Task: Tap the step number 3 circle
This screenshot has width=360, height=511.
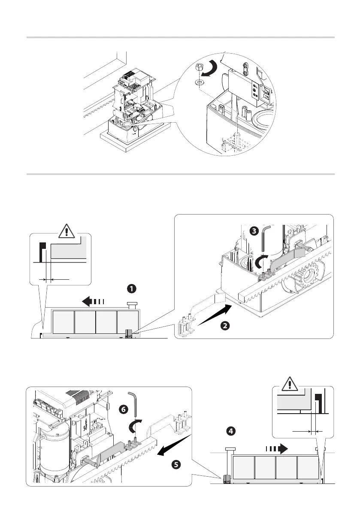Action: click(x=254, y=231)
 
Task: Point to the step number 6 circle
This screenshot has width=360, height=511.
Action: click(x=124, y=410)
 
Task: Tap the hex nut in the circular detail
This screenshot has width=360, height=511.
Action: click(x=199, y=67)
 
